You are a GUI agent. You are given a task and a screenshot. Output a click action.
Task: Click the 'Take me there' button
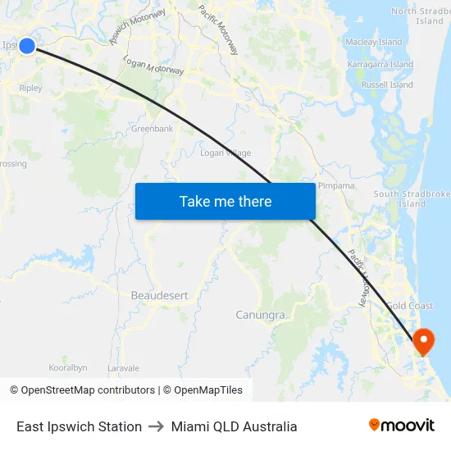(x=225, y=201)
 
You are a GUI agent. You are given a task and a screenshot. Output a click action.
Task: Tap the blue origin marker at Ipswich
(x=27, y=46)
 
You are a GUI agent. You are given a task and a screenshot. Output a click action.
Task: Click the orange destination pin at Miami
(x=424, y=339)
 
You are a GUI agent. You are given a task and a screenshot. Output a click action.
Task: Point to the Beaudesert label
(x=159, y=295)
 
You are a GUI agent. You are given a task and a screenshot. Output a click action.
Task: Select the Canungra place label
(x=261, y=315)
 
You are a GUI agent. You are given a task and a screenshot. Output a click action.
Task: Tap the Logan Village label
(x=225, y=153)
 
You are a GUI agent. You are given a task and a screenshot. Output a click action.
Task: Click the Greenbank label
(x=152, y=129)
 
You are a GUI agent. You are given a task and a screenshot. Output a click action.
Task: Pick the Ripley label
(x=30, y=88)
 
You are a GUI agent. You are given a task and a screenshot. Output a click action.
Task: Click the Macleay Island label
(x=374, y=42)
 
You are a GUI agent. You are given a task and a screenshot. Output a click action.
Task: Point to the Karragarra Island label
(x=380, y=64)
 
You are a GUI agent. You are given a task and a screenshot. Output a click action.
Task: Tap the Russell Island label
(x=387, y=84)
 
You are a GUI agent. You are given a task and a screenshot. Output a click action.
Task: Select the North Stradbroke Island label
(x=421, y=16)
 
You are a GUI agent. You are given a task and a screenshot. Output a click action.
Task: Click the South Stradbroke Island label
(x=412, y=198)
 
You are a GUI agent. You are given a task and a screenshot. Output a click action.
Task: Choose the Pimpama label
(x=336, y=186)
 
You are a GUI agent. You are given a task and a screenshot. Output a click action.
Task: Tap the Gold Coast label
(x=410, y=306)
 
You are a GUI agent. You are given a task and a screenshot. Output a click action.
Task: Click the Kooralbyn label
(x=68, y=367)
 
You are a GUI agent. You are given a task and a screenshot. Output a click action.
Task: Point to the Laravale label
(x=124, y=368)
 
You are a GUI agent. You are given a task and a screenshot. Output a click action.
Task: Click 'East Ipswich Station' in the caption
(x=79, y=426)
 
